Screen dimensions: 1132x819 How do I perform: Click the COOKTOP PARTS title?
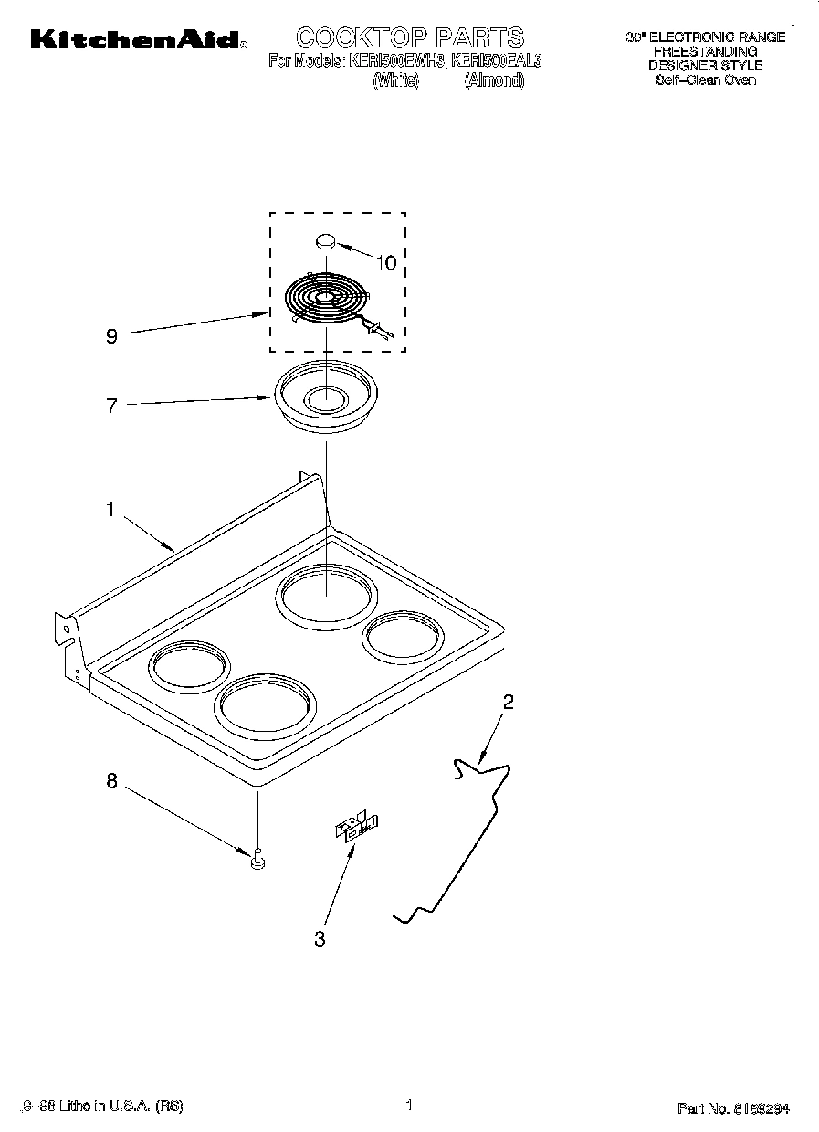(x=410, y=37)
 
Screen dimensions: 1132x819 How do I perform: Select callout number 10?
(x=386, y=263)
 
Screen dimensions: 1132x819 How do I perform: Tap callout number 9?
(x=111, y=336)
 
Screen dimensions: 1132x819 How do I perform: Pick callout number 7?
(x=111, y=407)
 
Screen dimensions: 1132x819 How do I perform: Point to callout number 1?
(x=110, y=510)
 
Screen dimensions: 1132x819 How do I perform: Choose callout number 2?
(x=509, y=702)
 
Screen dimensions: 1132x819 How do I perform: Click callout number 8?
(x=111, y=780)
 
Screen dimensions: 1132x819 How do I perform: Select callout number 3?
(x=320, y=938)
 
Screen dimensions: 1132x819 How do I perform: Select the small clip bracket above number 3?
(x=355, y=826)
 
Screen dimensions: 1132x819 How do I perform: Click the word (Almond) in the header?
(x=494, y=80)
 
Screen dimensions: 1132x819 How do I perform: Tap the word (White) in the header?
(x=395, y=80)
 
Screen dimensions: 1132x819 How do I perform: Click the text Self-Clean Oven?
(x=705, y=79)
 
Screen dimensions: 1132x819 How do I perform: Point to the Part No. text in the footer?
(x=733, y=1108)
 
